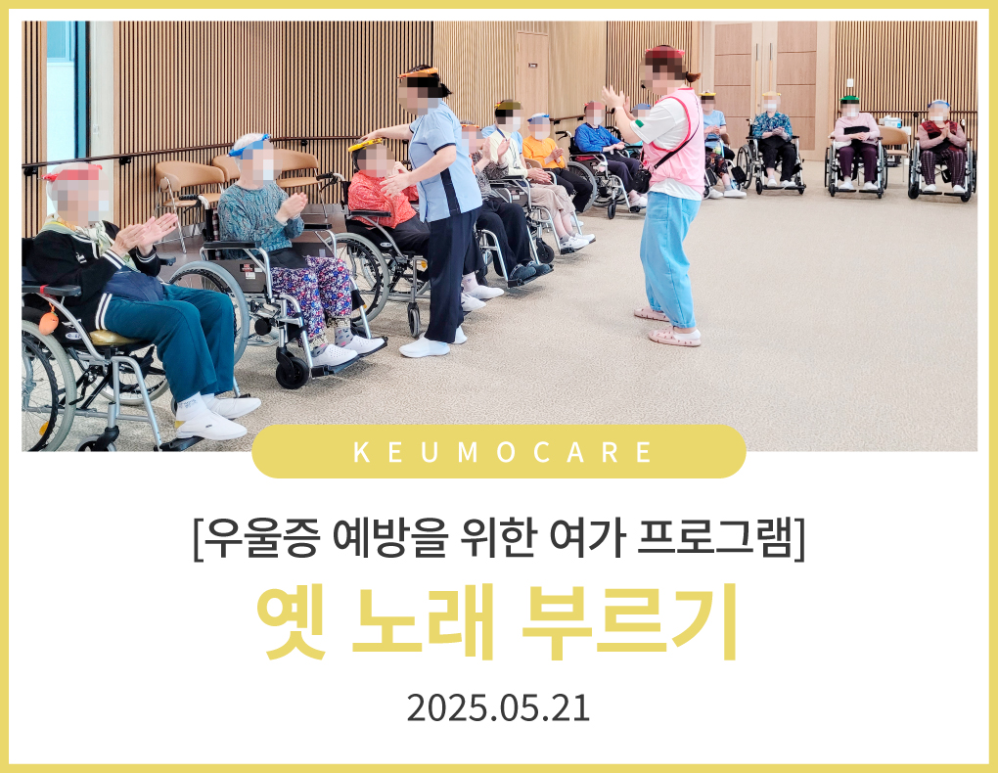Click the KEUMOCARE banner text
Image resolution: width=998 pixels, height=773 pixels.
(502, 452)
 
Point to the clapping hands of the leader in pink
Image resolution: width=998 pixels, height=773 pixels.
(612, 99)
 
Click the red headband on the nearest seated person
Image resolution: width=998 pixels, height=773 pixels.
(72, 170)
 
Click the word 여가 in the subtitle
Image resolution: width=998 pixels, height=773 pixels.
(585, 538)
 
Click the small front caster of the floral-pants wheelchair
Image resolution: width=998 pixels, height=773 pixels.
(293, 373)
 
